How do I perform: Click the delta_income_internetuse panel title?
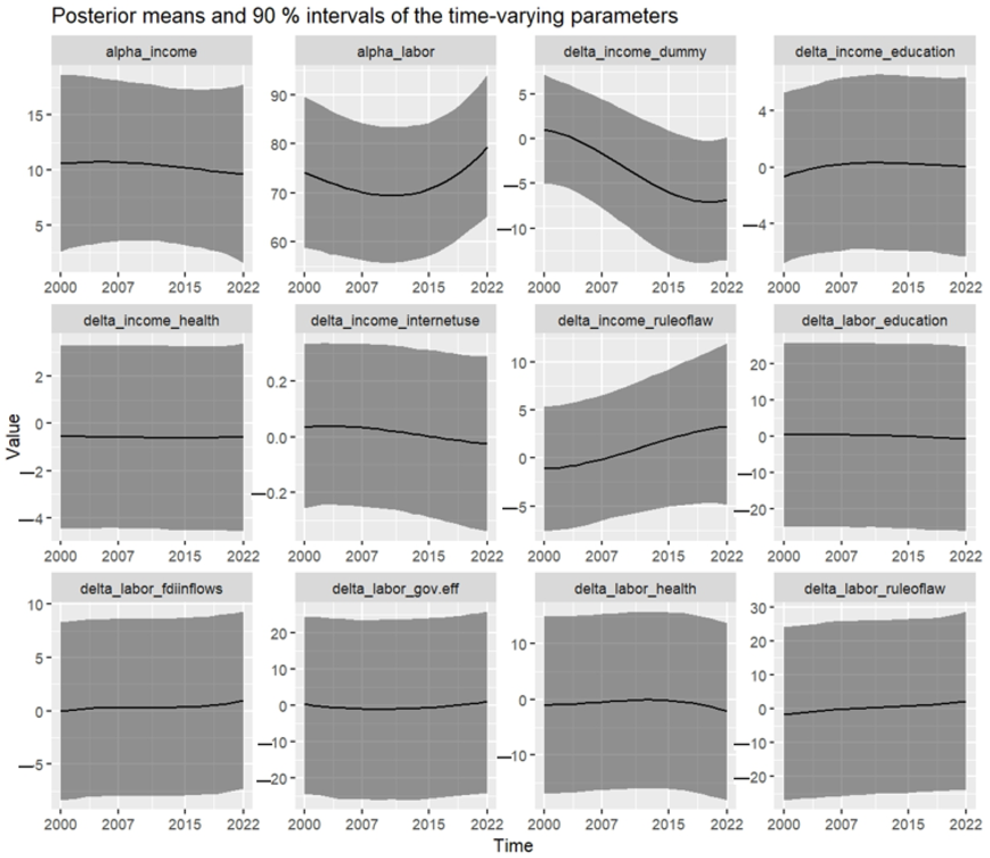coord(395,320)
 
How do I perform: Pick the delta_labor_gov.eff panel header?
coord(395,588)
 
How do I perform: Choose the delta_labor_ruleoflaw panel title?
coord(875,588)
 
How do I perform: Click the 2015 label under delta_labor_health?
coord(668,824)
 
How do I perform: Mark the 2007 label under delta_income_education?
coord(841,288)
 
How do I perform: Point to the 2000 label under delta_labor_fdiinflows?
coord(60,824)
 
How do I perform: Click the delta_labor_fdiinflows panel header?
coord(151,588)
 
